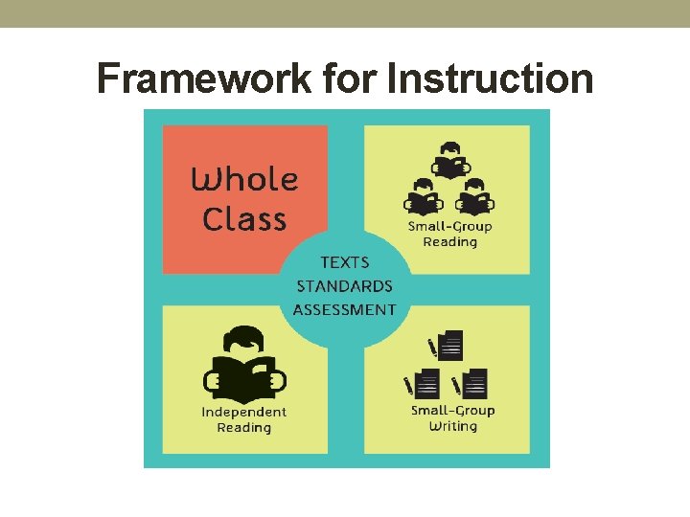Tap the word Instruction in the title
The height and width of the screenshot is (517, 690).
click(490, 79)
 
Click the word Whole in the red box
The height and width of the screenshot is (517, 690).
click(245, 180)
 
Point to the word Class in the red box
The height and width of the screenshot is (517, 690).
click(244, 219)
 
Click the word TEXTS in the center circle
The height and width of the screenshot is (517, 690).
click(344, 262)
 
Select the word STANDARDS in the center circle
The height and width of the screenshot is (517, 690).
click(344, 286)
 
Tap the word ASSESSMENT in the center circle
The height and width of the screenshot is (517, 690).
click(344, 309)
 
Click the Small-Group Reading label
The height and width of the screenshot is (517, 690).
click(449, 234)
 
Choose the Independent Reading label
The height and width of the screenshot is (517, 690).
click(244, 419)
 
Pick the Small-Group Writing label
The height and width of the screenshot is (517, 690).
click(452, 417)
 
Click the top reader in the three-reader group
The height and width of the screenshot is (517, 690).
click(449, 162)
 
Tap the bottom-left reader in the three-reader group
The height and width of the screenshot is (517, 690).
click(423, 197)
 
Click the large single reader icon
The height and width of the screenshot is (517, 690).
click(244, 365)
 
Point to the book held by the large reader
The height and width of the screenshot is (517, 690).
click(244, 380)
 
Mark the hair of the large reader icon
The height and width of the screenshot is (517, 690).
click(244, 337)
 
